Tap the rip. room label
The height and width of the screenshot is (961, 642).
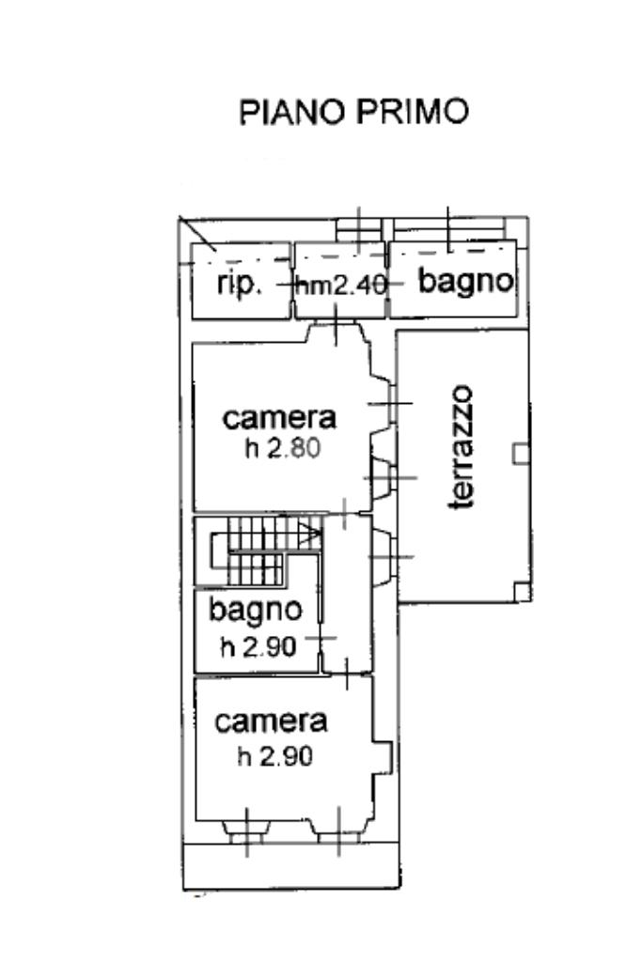(x=239, y=283)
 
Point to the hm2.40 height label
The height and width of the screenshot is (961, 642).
(x=340, y=285)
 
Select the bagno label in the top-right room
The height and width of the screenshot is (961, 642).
(x=466, y=280)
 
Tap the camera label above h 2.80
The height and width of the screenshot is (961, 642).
(x=280, y=417)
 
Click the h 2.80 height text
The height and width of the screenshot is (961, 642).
(x=283, y=448)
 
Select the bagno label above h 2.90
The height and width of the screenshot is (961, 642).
(x=256, y=610)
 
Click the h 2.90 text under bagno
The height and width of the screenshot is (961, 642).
(x=258, y=646)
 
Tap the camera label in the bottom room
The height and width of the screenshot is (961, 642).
(x=271, y=721)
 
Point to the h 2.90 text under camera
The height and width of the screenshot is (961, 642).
(x=274, y=755)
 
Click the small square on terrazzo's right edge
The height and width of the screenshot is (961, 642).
(x=520, y=454)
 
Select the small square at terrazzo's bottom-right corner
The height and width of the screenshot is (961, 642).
(x=521, y=591)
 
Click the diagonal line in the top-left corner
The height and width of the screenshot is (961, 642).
(x=197, y=234)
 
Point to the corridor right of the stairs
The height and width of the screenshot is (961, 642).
(x=347, y=592)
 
